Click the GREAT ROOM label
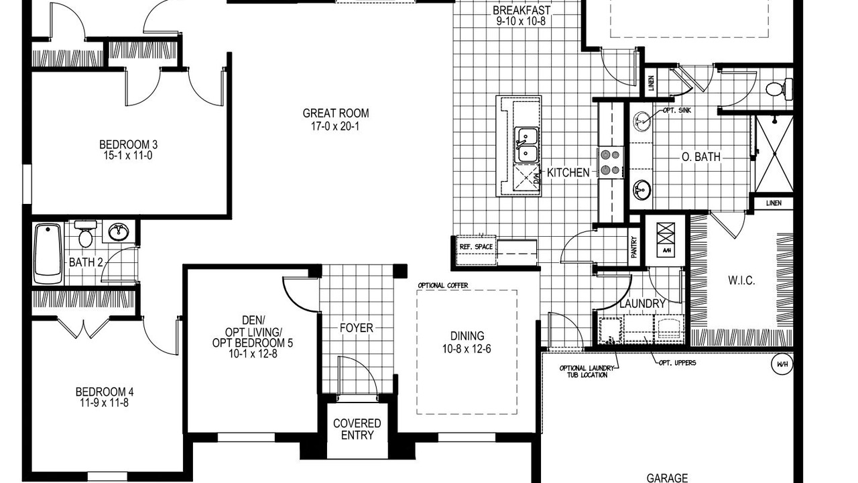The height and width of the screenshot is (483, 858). pos(336,113)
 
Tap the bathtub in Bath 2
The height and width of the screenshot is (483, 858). pos(48,254)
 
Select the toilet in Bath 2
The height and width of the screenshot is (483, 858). pos(85,233)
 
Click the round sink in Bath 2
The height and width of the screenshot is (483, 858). pos(119,231)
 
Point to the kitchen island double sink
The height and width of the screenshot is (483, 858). pos(526,145)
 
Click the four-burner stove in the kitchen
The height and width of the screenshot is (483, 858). pos(610,162)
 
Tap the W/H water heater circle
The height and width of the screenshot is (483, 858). pos(782,364)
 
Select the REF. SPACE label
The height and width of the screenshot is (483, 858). pos(476,246)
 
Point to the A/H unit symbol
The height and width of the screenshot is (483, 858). pos(666,239)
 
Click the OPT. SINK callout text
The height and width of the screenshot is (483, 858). pos(677,111)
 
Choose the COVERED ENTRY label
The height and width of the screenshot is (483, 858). pos(357,429)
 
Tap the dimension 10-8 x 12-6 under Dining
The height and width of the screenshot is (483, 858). pos(467,349)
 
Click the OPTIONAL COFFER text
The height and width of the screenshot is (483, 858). pos(443,285)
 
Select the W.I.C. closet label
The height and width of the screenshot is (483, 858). pos(741,280)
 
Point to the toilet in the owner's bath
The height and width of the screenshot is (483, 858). pos(779,89)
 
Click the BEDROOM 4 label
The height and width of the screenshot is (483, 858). pos(105,392)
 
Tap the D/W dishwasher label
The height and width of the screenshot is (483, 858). pos(537,178)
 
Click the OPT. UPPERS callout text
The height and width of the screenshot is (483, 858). pos(677,363)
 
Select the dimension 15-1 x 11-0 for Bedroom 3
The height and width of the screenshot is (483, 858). pos(127,155)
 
